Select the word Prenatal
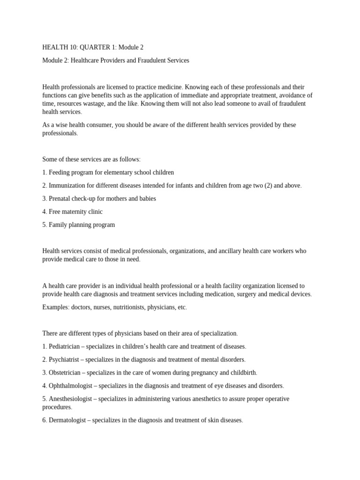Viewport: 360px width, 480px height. (x=61, y=199)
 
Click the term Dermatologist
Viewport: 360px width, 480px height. (x=67, y=420)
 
